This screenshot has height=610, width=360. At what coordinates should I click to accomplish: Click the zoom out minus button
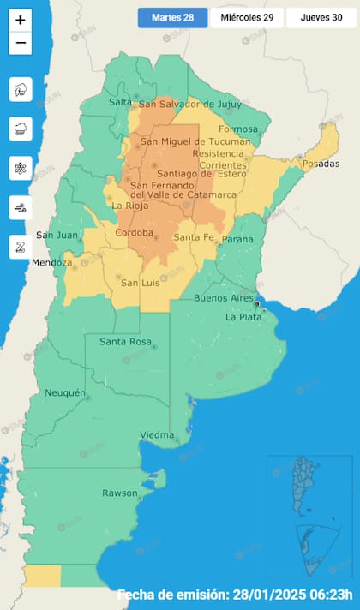(21, 43)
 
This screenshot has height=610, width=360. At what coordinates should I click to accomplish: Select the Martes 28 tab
(172, 18)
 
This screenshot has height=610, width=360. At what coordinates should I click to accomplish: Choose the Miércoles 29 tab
(247, 18)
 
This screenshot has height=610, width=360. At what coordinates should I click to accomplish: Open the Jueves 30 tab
(321, 18)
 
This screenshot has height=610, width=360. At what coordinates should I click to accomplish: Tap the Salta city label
(120, 103)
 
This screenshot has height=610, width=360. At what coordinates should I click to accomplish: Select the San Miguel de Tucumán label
(195, 141)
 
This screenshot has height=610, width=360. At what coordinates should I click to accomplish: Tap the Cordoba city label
(135, 232)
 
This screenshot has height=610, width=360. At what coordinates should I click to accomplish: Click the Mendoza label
(51, 262)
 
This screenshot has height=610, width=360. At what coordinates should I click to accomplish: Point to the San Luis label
(141, 283)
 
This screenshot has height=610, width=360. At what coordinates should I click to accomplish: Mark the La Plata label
(243, 316)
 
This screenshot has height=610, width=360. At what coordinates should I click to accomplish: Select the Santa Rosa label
(125, 342)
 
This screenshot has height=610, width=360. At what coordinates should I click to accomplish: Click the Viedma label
(157, 435)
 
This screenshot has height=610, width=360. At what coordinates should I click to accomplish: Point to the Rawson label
(119, 493)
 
